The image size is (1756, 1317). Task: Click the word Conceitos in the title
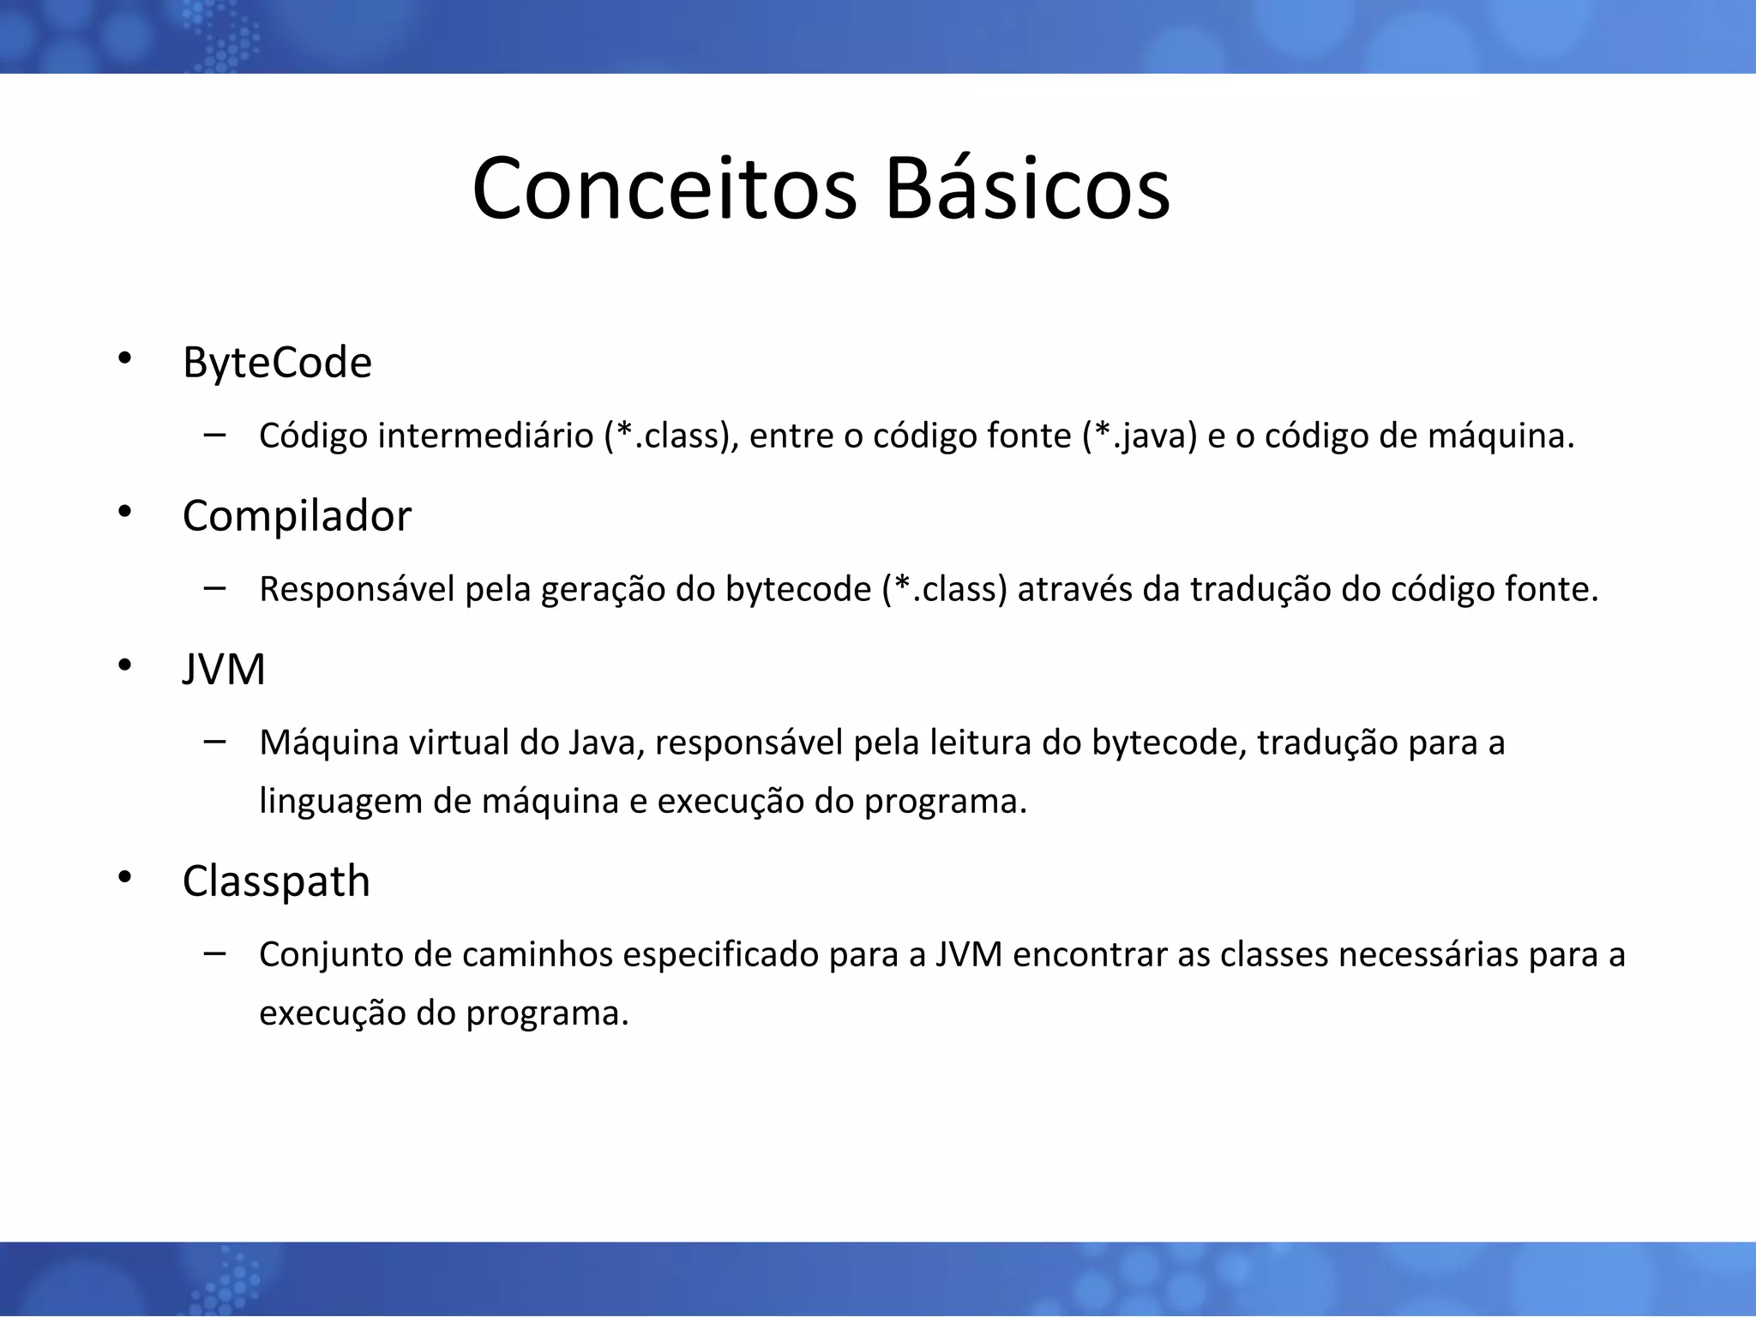664,189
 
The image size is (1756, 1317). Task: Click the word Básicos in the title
1026,189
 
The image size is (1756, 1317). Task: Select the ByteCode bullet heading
277,363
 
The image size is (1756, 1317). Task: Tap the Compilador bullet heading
297,516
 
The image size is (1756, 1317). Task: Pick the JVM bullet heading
224,669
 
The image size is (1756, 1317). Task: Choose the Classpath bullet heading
276,881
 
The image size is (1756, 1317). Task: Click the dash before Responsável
215,588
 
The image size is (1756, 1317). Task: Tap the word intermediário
485,436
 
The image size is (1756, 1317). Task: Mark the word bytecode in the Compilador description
797,590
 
